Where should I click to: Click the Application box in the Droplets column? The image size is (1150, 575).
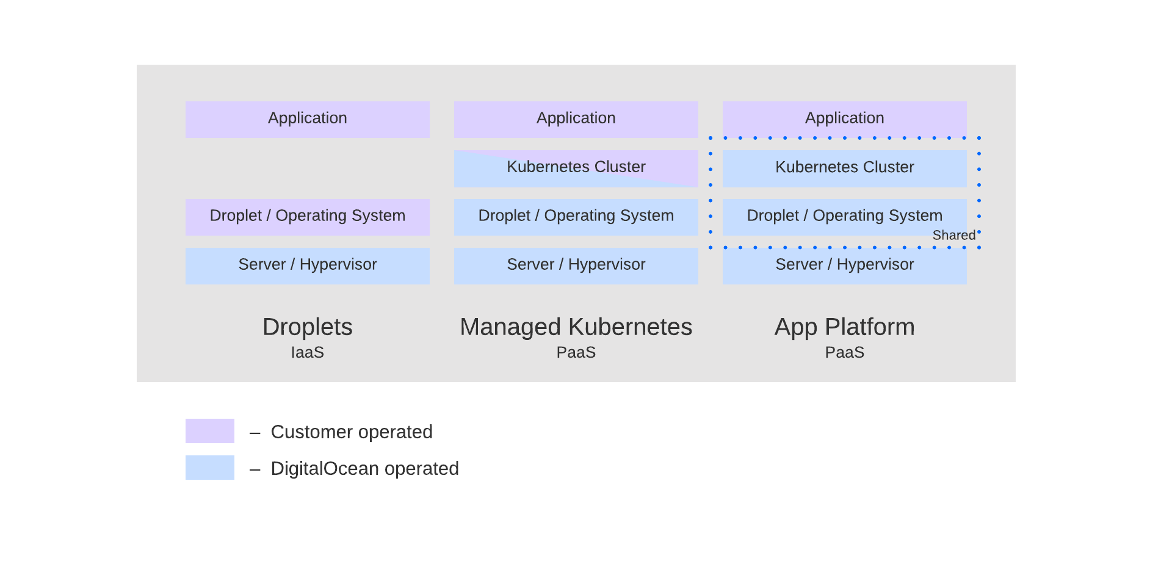point(307,119)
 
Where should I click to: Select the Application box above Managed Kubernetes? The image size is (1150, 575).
point(576,119)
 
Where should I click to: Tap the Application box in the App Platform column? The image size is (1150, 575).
point(844,118)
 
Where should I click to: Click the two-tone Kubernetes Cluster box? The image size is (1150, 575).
point(576,168)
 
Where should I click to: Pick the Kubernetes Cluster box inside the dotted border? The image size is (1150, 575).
point(844,168)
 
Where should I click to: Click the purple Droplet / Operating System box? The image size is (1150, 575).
point(307,217)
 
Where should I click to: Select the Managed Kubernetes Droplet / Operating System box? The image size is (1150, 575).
point(576,217)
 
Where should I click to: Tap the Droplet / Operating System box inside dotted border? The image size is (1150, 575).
point(844,216)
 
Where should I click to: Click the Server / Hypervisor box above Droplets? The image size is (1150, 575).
point(307,266)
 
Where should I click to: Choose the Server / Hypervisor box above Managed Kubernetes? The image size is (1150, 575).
point(576,266)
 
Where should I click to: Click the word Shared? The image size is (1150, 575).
point(953,236)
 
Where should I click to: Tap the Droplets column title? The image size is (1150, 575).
point(307,327)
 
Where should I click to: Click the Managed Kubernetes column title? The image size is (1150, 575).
point(576,327)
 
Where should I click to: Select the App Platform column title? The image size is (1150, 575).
point(844,327)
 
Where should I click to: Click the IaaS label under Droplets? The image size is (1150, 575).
point(307,353)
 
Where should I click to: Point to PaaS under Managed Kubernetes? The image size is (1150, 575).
point(576,353)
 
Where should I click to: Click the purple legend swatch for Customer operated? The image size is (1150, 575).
point(209,431)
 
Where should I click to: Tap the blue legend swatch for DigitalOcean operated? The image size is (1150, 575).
point(209,468)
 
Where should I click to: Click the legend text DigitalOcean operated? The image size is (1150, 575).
point(364,469)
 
